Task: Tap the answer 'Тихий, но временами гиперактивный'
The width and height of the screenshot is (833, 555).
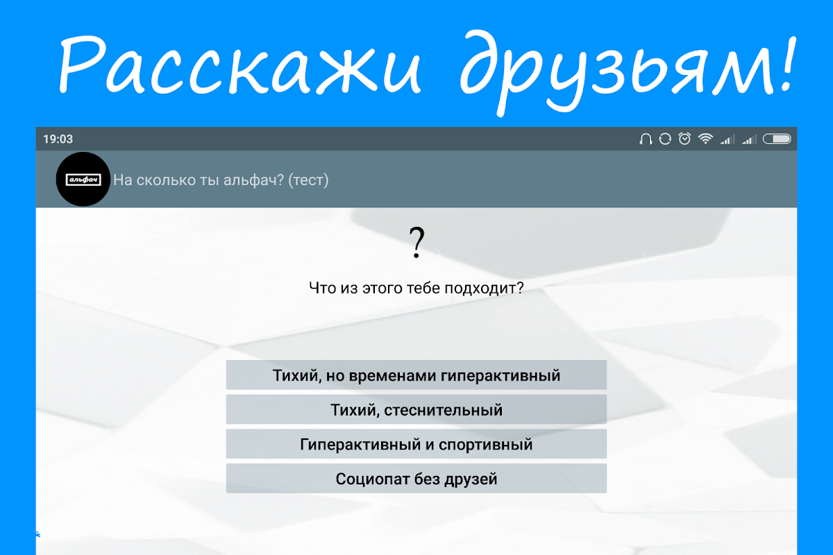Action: [416, 375]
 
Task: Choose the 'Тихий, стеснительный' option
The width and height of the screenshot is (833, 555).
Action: [416, 409]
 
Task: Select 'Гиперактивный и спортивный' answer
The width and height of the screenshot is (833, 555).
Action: [416, 444]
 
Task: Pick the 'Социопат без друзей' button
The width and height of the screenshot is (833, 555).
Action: [416, 479]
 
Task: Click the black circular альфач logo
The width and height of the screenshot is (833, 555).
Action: [83, 179]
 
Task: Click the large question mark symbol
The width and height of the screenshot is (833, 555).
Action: [416, 242]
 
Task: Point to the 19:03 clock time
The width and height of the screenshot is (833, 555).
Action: [58, 139]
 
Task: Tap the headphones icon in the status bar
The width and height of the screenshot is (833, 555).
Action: [646, 139]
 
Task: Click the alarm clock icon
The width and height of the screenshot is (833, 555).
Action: [684, 139]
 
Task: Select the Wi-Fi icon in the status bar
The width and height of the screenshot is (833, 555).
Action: [705, 139]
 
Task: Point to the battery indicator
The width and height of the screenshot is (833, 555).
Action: [777, 139]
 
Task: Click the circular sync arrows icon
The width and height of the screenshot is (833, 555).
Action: [665, 139]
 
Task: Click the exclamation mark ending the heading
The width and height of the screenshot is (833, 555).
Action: [789, 63]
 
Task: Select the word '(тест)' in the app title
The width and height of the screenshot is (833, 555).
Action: [308, 180]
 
